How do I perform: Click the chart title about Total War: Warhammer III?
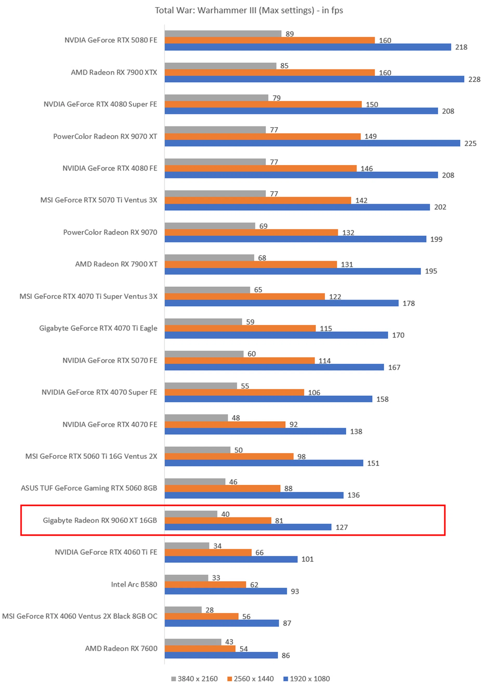point(249,11)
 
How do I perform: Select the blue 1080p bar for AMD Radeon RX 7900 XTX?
point(314,79)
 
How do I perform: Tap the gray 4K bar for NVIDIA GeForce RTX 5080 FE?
point(223,34)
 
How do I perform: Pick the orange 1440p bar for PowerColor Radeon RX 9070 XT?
point(262,137)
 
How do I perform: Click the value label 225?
point(470,144)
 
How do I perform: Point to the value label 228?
point(474,79)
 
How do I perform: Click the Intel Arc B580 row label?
point(134,584)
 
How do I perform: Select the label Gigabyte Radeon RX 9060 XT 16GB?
point(100,520)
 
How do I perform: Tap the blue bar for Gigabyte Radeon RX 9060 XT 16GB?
point(248,527)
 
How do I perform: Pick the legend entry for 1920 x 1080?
point(306,678)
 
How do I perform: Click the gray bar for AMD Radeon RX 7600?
point(193,642)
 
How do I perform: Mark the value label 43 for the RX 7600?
point(229,642)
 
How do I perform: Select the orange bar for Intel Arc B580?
point(205,584)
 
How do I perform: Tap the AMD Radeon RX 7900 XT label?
point(116,264)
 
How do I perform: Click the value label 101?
point(307,559)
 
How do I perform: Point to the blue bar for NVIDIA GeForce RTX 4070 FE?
point(255,431)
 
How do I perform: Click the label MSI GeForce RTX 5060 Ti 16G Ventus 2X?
point(91,456)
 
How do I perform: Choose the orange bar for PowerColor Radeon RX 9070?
point(251,232)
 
